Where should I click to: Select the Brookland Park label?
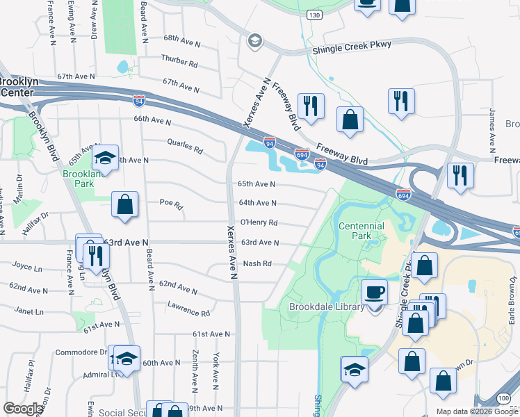point(78,179)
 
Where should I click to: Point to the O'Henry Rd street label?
point(259,223)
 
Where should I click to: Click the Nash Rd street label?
point(257,264)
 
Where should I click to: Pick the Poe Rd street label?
point(171,205)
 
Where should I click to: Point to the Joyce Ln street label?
point(26,265)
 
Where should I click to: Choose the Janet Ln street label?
point(29,312)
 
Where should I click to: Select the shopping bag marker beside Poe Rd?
point(125,205)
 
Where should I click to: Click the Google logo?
point(23,409)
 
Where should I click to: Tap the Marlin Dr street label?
point(18,188)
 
